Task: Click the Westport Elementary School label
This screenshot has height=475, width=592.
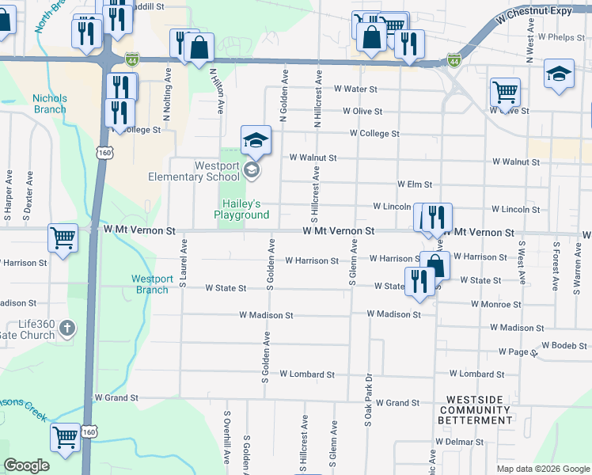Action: click(194, 171)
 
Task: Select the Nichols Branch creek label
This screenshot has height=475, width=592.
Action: click(50, 104)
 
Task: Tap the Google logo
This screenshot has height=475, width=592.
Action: click(27, 465)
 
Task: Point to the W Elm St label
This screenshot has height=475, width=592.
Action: click(414, 184)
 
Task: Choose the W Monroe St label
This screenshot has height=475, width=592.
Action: click(495, 304)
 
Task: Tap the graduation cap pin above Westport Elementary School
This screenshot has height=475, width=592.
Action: click(256, 141)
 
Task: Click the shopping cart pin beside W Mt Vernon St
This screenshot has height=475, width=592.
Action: click(63, 237)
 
